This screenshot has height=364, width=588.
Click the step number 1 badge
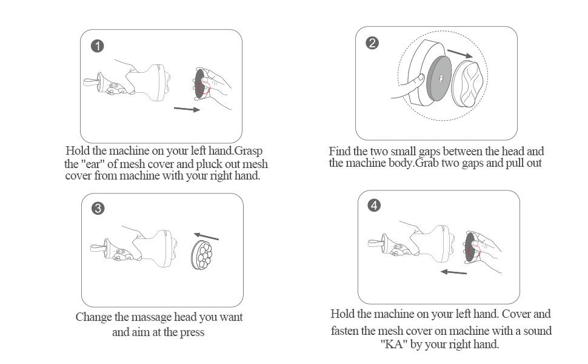click(98, 46)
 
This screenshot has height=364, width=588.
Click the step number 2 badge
click(372, 43)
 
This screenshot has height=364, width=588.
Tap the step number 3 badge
click(98, 208)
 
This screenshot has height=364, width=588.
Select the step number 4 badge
click(374, 205)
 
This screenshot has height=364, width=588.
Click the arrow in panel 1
click(187, 109)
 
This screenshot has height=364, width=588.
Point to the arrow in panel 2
click(460, 53)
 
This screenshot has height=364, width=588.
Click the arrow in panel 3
click(206, 236)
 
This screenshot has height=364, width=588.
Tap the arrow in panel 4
click(454, 272)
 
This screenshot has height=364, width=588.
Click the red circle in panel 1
click(204, 88)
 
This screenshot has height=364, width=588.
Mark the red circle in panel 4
click(474, 251)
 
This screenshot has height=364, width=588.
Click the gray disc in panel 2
click(439, 78)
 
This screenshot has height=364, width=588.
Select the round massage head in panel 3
click(202, 255)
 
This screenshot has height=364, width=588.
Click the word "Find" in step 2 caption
click(340, 151)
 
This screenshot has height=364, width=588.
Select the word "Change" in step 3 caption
click(94, 317)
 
